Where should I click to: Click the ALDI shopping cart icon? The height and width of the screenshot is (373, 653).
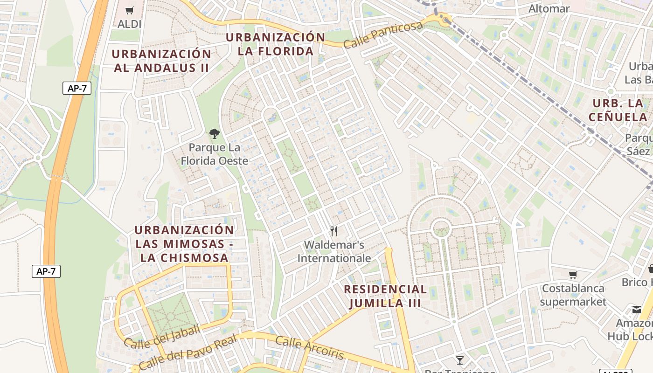(130, 10)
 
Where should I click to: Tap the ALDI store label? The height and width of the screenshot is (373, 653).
(129, 24)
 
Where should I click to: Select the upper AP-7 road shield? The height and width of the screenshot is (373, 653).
(76, 88)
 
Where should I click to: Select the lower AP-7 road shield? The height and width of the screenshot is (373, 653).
(46, 271)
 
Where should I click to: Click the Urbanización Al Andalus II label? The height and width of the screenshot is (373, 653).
(161, 61)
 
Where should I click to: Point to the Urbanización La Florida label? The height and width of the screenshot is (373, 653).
(276, 44)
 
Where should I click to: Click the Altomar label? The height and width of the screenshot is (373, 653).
(549, 9)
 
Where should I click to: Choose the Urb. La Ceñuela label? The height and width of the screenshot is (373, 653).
(618, 110)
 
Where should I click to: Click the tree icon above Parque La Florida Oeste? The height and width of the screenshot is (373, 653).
(215, 134)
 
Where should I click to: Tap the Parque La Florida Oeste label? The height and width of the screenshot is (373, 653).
(215, 154)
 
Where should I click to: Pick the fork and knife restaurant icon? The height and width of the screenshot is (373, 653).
(334, 231)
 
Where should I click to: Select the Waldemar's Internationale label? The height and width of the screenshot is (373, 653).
(334, 251)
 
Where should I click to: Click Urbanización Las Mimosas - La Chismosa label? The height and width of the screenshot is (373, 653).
(184, 244)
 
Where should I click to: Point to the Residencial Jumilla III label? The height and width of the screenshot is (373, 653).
(385, 296)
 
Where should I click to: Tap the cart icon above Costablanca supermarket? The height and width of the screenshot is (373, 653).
(573, 275)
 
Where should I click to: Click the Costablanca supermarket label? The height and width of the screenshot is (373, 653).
(573, 295)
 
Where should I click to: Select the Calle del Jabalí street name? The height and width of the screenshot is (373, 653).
(162, 336)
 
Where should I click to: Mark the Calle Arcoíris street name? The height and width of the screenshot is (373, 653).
(309, 348)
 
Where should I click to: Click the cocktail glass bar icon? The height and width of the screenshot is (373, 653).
(460, 360)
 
